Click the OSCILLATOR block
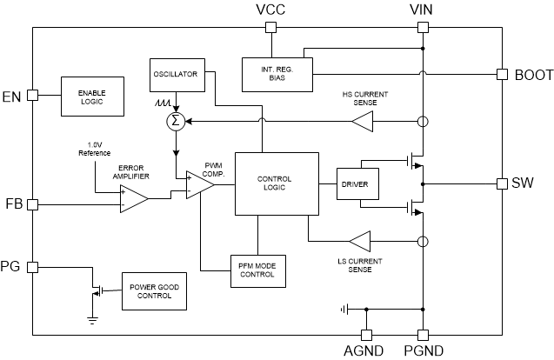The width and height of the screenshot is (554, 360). coord(176,74)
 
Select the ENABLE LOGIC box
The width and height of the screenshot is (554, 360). coord(91,95)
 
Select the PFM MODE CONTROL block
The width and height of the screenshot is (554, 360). coord(257,270)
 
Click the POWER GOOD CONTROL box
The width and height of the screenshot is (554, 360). coord(157,290)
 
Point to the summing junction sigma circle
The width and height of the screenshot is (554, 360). coord(176,120)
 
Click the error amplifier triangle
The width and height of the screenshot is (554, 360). coord(133,198)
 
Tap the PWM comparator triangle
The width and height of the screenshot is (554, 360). coord(199,183)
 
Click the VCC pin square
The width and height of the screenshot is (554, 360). coord(270,27)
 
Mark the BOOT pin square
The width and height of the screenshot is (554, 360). coord(502,75)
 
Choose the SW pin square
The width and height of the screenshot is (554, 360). coord(502,183)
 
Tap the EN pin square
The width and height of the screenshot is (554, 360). coord(33,95)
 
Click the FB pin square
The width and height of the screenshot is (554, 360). coord(33,204)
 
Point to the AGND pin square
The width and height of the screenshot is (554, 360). coord(366,335)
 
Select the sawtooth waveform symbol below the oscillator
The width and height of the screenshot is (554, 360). coord(162,103)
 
